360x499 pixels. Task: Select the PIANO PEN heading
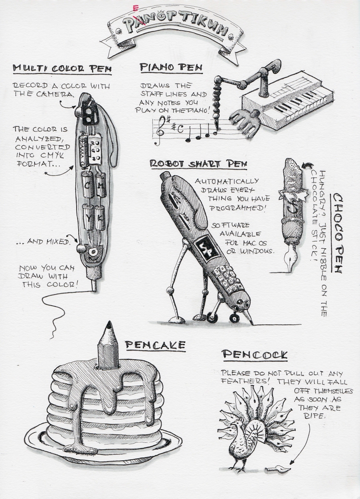171,67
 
